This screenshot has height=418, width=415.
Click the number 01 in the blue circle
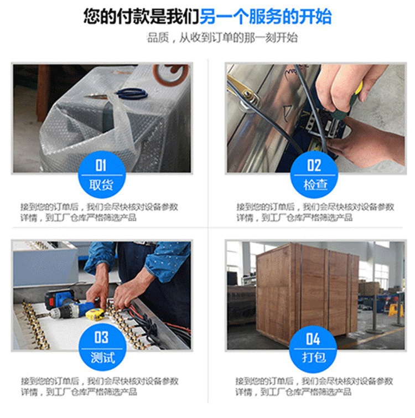coord(101,165)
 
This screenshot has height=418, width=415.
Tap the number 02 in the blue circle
coord(314,165)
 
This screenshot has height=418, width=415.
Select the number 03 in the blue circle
coord(101,338)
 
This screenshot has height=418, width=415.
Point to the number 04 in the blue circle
coord(313,339)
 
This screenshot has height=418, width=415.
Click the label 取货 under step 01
coord(101,184)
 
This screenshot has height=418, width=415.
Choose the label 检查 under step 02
coord(315,184)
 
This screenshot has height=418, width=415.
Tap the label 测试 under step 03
coord(102,358)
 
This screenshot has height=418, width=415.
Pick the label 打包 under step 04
coord(314,357)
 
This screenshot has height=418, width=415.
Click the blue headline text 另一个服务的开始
coord(266,17)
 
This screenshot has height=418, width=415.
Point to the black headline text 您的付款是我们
coord(142,17)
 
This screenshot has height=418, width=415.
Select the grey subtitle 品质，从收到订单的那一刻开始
coord(222,38)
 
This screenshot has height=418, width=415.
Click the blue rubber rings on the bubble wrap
coord(131,94)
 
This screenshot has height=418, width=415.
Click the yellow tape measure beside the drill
coord(95,314)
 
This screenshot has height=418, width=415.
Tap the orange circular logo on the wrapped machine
coord(171,73)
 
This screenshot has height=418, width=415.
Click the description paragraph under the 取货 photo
coord(99,212)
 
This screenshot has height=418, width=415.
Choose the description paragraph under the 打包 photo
coord(314,386)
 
